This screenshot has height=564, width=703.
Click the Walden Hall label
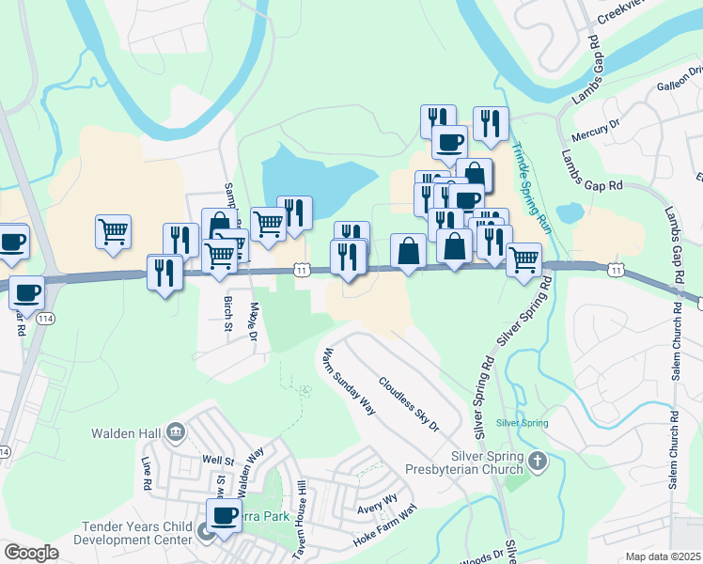point(127,432)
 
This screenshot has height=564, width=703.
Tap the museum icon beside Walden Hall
point(174,431)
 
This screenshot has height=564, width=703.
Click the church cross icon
point(537,461)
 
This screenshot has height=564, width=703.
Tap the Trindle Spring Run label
point(531,189)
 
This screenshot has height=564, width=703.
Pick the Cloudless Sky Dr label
point(409,405)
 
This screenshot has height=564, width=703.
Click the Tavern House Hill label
point(302,509)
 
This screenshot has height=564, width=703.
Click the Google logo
point(31,553)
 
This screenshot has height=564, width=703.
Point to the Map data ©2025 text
point(663,556)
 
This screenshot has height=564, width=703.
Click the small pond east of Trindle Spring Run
point(570,212)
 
